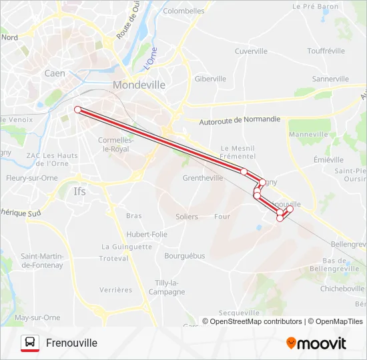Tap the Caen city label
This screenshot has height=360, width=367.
pyautogui.click(x=54, y=73)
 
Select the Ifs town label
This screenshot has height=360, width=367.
pyautogui.click(x=79, y=191)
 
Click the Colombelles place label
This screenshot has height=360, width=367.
pyautogui.click(x=183, y=11)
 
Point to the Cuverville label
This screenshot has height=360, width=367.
pyautogui.click(x=251, y=51)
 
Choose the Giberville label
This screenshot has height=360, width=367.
pyautogui.click(x=210, y=79)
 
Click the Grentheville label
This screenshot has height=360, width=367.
pyautogui.click(x=203, y=178)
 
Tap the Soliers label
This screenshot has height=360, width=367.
pyautogui.click(x=187, y=217)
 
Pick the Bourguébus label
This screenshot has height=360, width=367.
pyautogui.click(x=184, y=255)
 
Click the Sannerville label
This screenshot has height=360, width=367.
pyautogui.click(x=330, y=79)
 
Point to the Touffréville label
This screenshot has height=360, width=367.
pyautogui.click(x=326, y=51)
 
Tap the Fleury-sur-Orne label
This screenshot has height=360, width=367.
pyautogui.click(x=31, y=178)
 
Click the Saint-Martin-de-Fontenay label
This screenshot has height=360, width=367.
pyautogui.click(x=41, y=261)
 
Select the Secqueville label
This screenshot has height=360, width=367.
pyautogui.click(x=238, y=313)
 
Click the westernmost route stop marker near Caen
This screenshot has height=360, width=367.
pyautogui.click(x=77, y=109)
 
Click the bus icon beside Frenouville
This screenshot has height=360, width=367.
pyautogui.click(x=30, y=343)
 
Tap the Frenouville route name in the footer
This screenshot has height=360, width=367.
pyautogui.click(x=71, y=343)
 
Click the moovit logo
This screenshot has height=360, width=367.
pyautogui.click(x=316, y=343)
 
